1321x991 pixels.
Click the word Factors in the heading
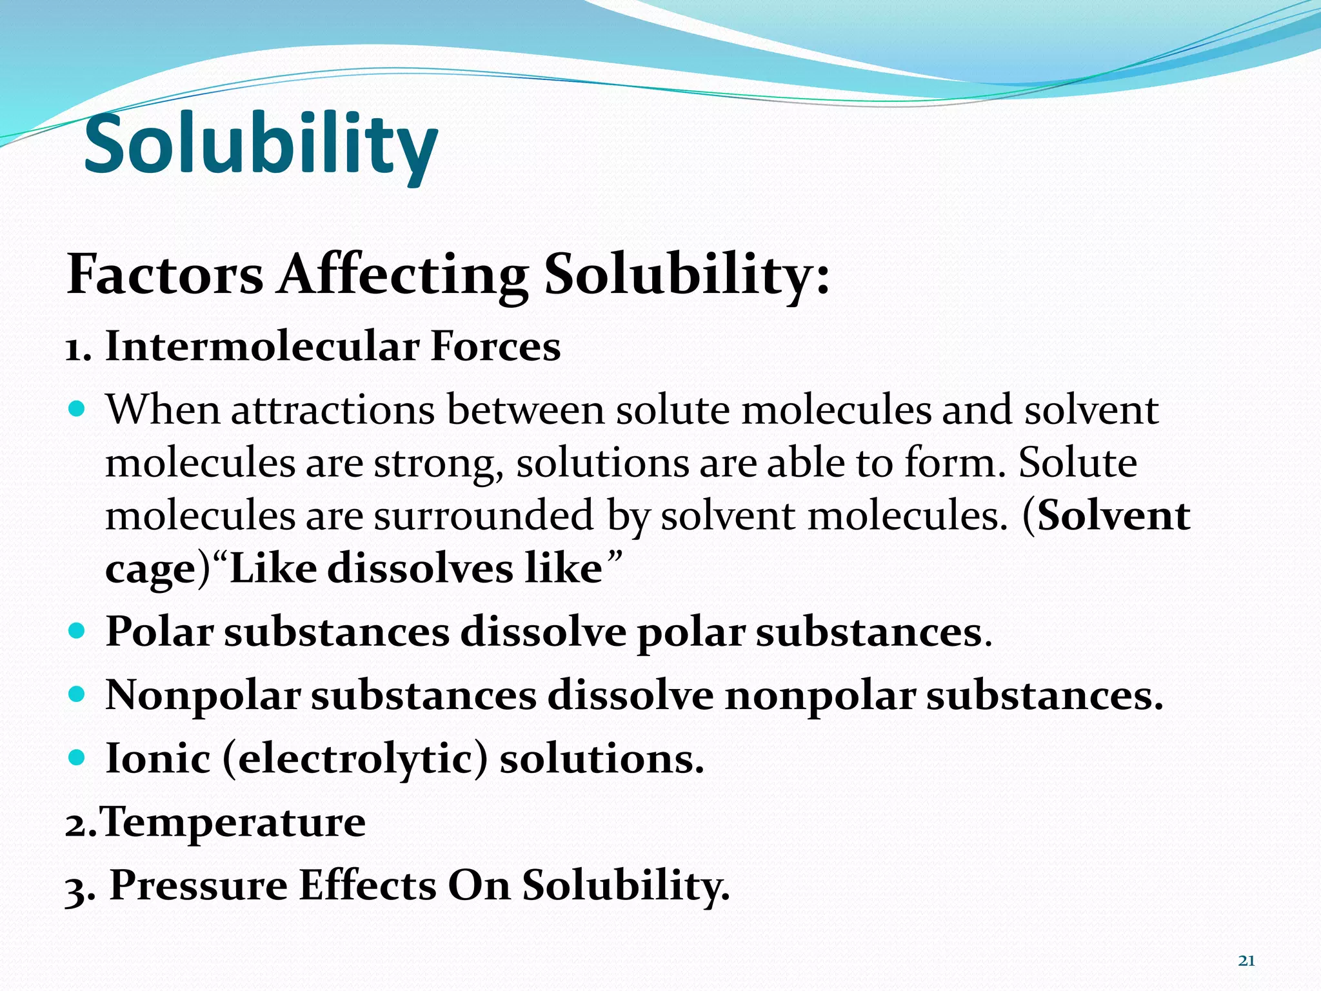165,275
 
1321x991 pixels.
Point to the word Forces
495,346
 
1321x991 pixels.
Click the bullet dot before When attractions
76,409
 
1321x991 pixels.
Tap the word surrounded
484,516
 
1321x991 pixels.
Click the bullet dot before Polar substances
76,630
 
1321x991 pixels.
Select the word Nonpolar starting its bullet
203,696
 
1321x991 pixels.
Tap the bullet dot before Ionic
76,757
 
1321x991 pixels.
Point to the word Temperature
233,822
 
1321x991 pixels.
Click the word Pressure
199,885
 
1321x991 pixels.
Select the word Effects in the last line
368,885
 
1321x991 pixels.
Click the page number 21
1246,961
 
